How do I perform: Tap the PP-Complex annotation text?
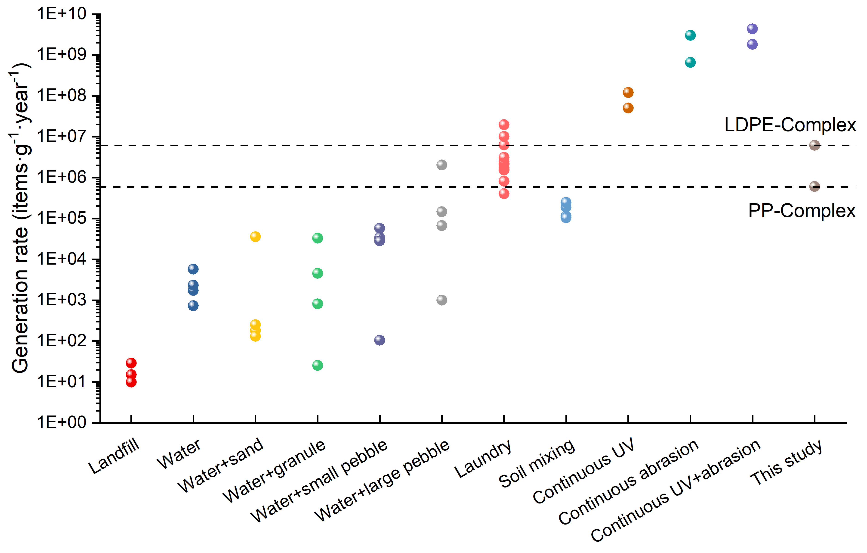tap(802, 211)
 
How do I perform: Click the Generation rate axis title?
tap(20, 218)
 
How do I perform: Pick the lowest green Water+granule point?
tap(317, 365)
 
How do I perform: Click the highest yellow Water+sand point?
tap(255, 237)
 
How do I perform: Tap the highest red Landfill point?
tap(131, 363)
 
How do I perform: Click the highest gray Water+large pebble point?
tap(442, 165)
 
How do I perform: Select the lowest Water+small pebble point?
tap(380, 340)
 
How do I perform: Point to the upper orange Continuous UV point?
tap(628, 92)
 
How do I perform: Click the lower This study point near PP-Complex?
tap(815, 186)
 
